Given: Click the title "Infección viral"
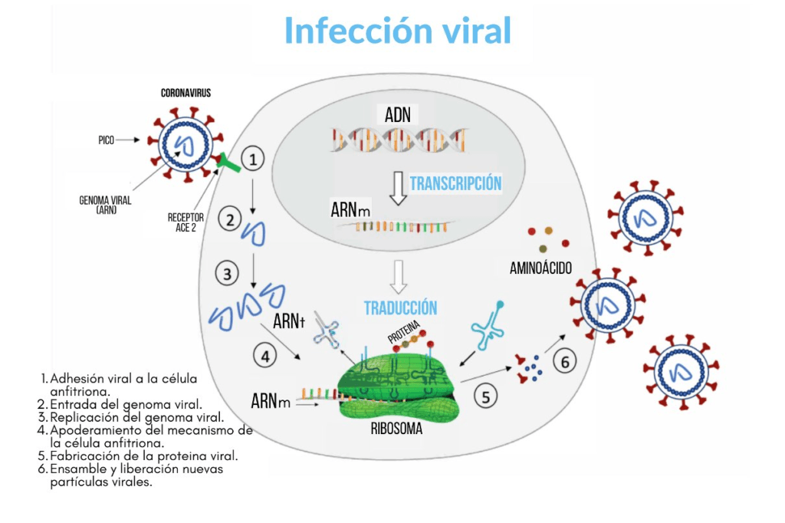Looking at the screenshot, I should click(x=397, y=31).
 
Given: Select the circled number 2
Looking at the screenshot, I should click(x=229, y=220).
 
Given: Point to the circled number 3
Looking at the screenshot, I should click(x=227, y=273).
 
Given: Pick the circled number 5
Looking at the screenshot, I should click(x=485, y=396).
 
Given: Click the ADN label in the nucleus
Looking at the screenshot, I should click(x=398, y=116).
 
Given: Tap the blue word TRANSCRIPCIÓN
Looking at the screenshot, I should click(x=455, y=183).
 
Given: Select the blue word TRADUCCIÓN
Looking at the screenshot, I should click(x=400, y=308).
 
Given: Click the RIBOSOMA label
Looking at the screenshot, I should click(x=396, y=429).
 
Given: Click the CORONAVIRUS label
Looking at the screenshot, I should click(x=186, y=93).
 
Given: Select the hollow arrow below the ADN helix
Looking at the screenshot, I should click(x=397, y=188).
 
